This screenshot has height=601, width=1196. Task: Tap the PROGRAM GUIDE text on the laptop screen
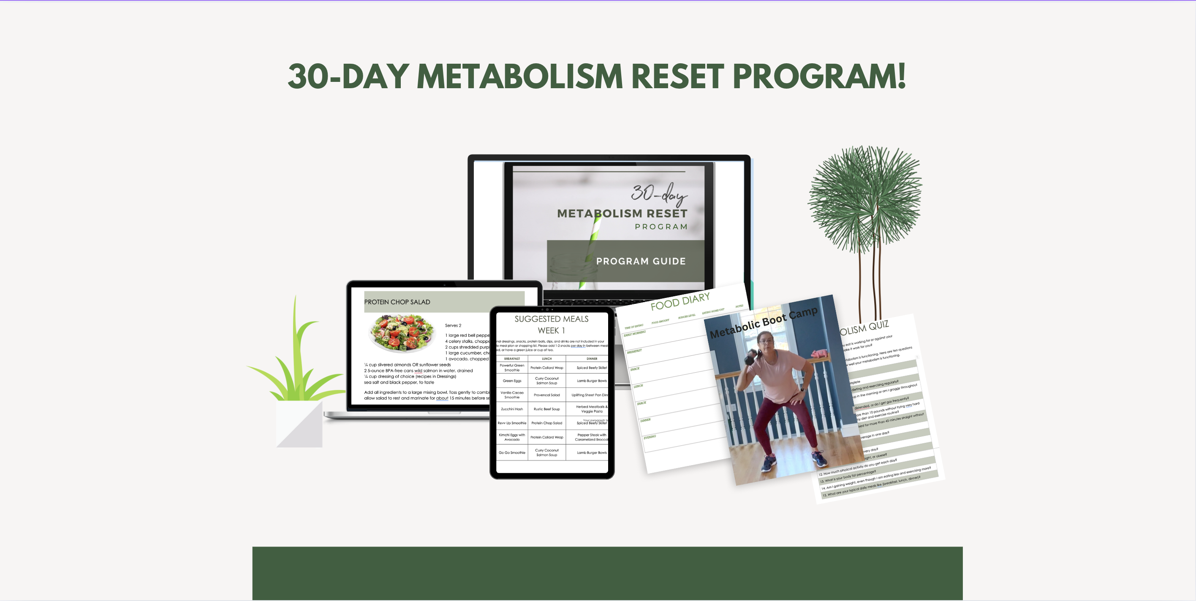click(x=641, y=261)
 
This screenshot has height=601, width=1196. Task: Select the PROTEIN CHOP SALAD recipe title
click(x=397, y=302)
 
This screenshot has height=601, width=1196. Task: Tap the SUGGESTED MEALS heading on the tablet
click(x=551, y=319)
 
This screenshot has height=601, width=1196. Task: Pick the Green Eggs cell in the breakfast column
click(x=512, y=381)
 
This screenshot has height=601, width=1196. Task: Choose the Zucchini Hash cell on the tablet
click(x=512, y=409)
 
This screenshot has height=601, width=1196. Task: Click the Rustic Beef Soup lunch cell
click(x=546, y=409)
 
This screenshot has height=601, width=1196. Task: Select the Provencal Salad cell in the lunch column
click(x=546, y=395)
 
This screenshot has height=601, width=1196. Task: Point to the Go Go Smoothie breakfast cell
click(x=512, y=452)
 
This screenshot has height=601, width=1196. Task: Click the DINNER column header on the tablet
click(x=592, y=359)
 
